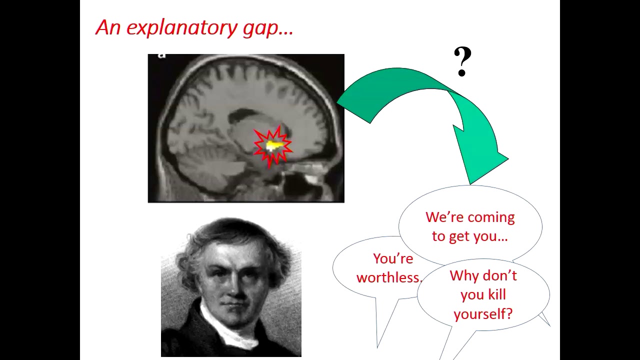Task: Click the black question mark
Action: point(462,62)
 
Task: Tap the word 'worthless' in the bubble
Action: point(387,277)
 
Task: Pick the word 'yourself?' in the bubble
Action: point(482,314)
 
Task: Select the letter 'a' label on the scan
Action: point(161,55)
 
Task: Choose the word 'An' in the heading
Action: point(108,27)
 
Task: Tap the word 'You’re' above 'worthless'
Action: point(393,259)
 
